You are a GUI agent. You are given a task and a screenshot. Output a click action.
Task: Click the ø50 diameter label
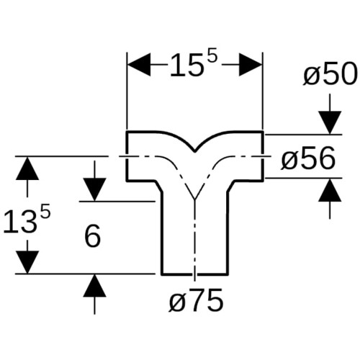[330, 73]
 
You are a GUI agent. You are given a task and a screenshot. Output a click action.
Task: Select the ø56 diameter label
[308, 158]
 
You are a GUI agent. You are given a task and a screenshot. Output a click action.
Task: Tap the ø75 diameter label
[197, 300]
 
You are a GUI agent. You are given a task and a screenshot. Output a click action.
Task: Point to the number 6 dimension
[93, 236]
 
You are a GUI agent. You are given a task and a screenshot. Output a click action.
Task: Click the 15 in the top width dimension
[185, 66]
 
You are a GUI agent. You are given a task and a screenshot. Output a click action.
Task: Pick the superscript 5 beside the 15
[212, 55]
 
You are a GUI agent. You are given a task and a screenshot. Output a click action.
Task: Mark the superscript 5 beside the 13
[45, 211]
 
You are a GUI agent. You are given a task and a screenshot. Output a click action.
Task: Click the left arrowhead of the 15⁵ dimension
[139, 65]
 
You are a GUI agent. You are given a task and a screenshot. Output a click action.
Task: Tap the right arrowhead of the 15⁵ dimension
[251, 65]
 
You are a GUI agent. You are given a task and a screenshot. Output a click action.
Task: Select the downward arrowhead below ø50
[330, 122]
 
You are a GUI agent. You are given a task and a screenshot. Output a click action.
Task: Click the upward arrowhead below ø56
[330, 190]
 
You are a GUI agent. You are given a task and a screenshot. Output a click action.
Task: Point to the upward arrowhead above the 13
[27, 168]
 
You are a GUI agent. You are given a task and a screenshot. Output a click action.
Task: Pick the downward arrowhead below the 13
[27, 262]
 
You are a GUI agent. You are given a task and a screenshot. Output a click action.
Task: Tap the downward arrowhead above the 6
[95, 189]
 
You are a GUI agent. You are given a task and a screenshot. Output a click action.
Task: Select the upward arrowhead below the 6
[95, 286]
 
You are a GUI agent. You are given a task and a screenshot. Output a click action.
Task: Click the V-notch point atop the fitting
[194, 152]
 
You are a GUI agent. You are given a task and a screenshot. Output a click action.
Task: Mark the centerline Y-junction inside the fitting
[195, 199]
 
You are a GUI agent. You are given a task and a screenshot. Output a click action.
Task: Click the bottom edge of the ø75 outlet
[194, 274]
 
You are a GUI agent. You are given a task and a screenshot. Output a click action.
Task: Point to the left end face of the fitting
[127, 156]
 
